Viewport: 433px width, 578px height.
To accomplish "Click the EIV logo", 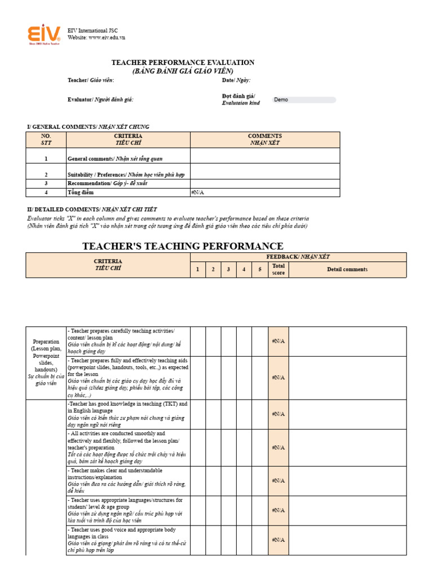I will pyautogui.click(x=44, y=34).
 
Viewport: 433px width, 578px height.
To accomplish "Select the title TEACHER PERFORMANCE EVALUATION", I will pyautogui.click(x=183, y=63).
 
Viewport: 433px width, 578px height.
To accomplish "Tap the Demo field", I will pyautogui.click(x=304, y=100).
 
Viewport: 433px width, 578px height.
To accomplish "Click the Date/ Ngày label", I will pyautogui.click(x=236, y=80).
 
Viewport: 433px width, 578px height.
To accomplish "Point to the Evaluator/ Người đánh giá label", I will pyautogui.click(x=100, y=99).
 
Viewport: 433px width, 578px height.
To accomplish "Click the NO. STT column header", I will pyautogui.click(x=46, y=139).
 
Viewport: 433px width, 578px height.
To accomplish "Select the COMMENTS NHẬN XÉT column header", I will pyautogui.click(x=265, y=139).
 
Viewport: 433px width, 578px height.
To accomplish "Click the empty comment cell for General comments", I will pyautogui.click(x=265, y=156).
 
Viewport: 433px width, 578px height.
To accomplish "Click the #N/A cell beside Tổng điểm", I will pyautogui.click(x=265, y=192).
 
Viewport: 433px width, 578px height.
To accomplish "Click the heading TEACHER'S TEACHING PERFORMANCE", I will pyautogui.click(x=183, y=246).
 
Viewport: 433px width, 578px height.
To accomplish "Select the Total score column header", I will pyautogui.click(x=279, y=269).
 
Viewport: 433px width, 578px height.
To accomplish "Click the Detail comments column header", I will pyautogui.click(x=347, y=269).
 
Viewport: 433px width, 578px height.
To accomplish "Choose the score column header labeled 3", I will pyautogui.click(x=228, y=269).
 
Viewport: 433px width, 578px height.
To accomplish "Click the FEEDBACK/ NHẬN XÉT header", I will pyautogui.click(x=298, y=257).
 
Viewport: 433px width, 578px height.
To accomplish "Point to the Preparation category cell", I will pyautogui.click(x=46, y=362).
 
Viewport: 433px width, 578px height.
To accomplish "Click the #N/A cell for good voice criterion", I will pyautogui.click(x=279, y=540).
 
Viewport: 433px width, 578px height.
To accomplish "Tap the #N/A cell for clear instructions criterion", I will pyautogui.click(x=279, y=481).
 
